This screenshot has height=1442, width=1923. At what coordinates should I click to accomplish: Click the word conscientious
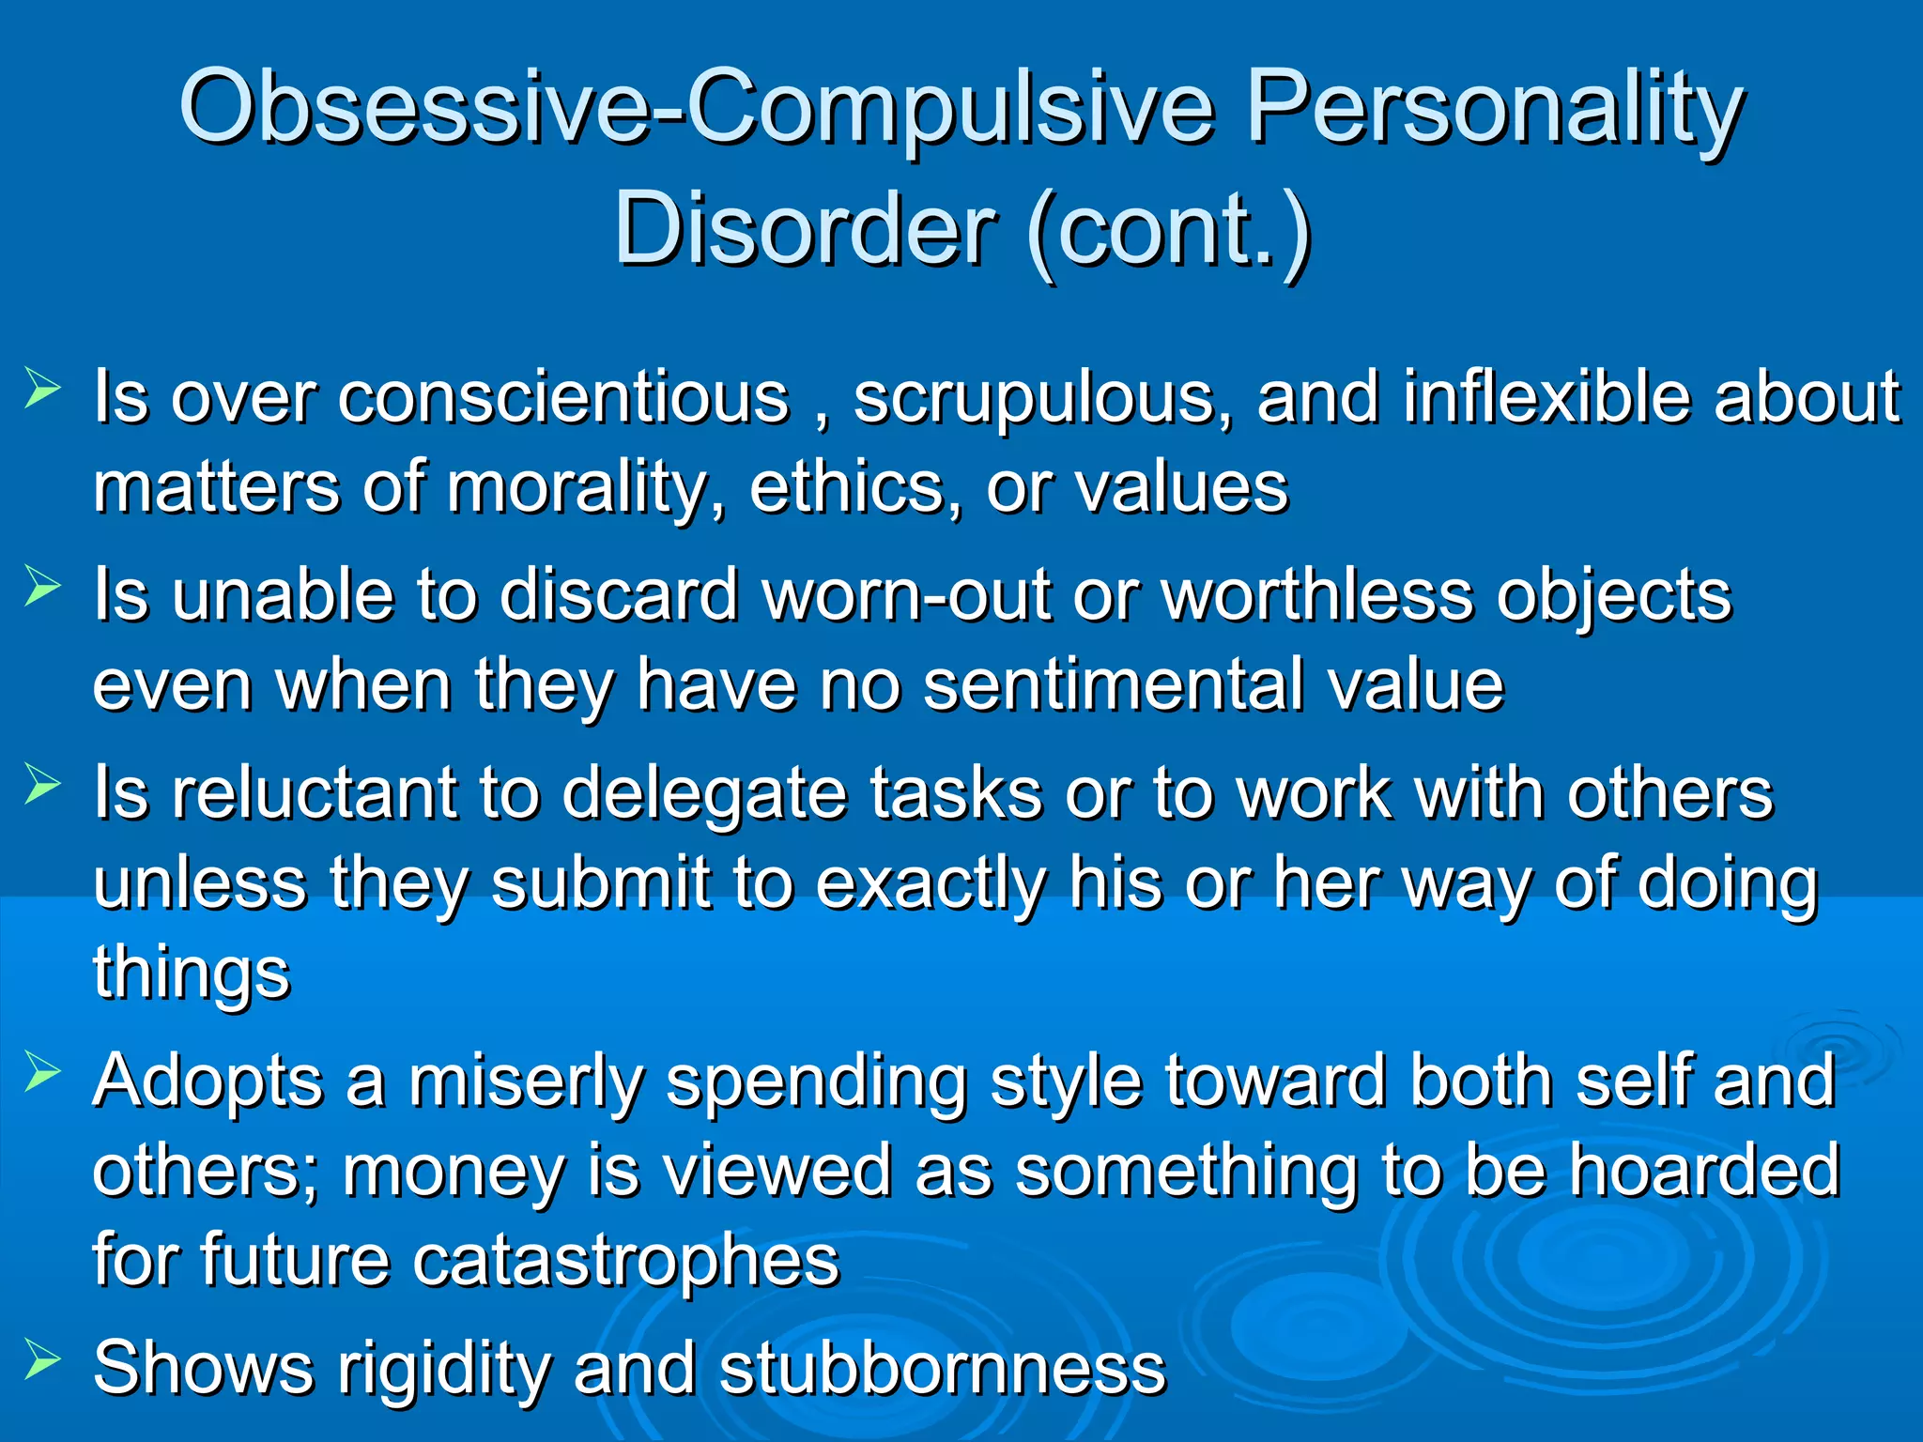563,398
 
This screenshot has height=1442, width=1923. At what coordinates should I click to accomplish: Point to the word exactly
931,884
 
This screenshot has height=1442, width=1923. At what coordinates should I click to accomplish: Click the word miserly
527,1081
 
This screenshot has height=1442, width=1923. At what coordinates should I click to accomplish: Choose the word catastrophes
625,1260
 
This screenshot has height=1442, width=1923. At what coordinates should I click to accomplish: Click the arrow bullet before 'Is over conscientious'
42,388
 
